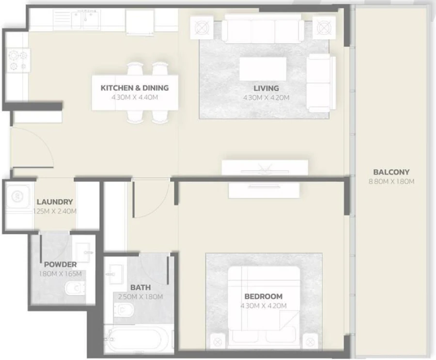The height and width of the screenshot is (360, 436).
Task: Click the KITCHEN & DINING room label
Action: point(134,88)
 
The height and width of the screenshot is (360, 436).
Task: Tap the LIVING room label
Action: point(266,88)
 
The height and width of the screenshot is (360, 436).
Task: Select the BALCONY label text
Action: point(391,172)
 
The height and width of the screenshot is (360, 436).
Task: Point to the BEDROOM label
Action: point(263,296)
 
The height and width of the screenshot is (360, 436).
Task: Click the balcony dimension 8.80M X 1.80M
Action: point(391,181)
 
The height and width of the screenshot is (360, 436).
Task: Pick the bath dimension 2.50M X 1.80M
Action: point(140,297)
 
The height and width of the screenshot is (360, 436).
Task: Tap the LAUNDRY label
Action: point(55,202)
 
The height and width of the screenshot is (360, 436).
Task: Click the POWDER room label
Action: point(60,265)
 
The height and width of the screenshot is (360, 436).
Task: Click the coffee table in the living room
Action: point(263,69)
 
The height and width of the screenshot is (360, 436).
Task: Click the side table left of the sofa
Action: point(201,28)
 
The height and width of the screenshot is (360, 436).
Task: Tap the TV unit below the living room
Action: point(265,167)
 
